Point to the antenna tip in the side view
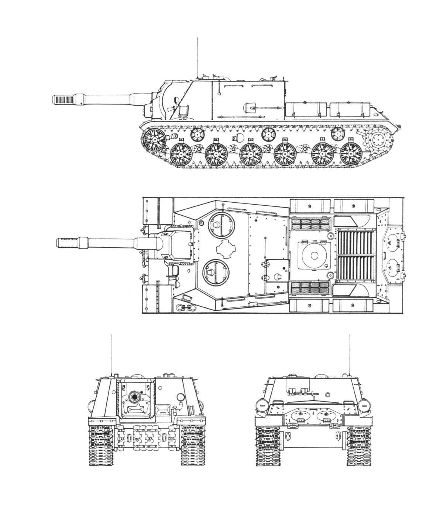(x=198, y=39)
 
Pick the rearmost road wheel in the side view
(x=350, y=154)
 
